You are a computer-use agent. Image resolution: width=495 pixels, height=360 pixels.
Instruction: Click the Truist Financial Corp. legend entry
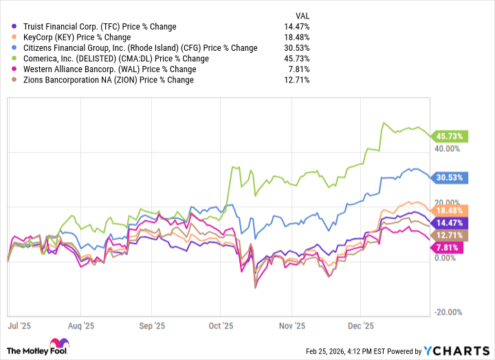(100, 27)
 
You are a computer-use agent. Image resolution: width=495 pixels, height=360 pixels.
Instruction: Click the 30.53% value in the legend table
(296, 48)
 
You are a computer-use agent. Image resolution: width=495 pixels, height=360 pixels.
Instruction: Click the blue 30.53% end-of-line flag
(450, 177)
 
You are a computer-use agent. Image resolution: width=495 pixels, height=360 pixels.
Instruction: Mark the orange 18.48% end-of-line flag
(450, 210)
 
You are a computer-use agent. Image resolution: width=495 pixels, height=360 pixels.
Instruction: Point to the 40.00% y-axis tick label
(447, 148)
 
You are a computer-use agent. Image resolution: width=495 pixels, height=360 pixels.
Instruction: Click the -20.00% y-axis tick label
(447, 312)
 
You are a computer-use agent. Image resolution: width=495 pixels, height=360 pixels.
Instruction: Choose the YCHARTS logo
(459, 350)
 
